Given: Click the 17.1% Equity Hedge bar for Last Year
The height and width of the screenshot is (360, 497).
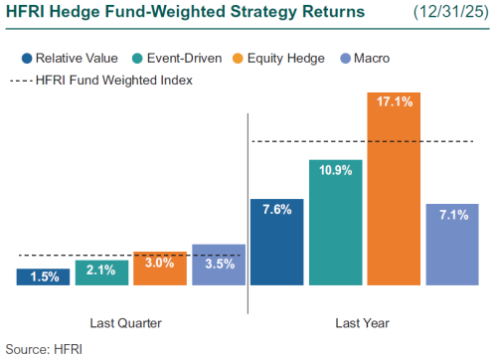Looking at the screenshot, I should click(x=394, y=189).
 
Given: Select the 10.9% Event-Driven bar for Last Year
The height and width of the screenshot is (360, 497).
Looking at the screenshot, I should click(x=335, y=224).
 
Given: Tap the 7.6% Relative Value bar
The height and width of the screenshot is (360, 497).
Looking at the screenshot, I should click(x=276, y=243).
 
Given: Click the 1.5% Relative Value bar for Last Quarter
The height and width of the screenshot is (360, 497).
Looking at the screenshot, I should click(x=43, y=276).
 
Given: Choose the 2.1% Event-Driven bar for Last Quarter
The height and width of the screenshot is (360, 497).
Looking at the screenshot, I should click(x=101, y=273).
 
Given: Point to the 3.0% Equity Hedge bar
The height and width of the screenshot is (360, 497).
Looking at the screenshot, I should click(x=160, y=269).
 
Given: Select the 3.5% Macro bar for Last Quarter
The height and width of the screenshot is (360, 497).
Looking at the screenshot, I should click(x=219, y=266).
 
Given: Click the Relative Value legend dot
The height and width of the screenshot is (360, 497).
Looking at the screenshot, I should click(x=25, y=59).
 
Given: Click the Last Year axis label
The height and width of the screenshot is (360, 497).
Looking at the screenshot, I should click(x=363, y=323).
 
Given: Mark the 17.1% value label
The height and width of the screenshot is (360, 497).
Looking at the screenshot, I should click(x=394, y=99).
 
